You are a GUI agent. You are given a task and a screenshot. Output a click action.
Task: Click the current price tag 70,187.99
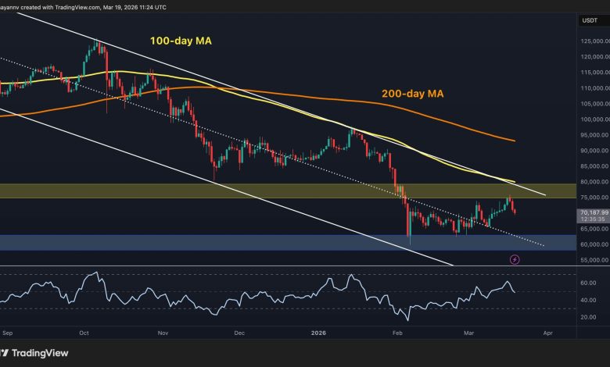[x=592, y=211]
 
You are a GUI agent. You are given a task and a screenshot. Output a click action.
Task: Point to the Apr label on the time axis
[x=547, y=332]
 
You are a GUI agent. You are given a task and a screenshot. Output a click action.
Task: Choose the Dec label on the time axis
[x=239, y=332]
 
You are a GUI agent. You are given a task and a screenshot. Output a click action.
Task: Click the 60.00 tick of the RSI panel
[x=588, y=283]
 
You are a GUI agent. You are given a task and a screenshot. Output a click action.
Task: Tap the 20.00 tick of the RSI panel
[x=588, y=317]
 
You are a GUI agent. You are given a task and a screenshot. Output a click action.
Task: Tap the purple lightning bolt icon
[x=515, y=258]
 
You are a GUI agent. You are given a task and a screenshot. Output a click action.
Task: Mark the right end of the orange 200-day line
[x=514, y=141]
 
